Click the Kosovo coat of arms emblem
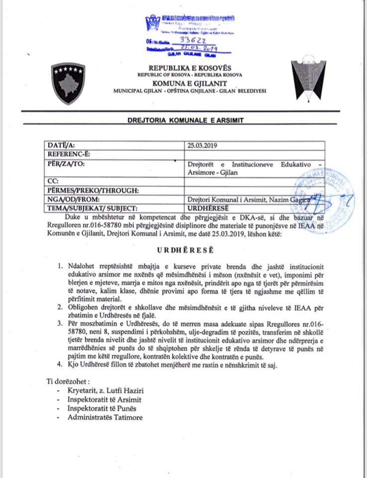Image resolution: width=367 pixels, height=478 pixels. (x=67, y=83)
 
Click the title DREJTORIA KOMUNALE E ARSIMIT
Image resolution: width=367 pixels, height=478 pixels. (x=183, y=121)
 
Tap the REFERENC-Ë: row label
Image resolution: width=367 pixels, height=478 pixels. (x=69, y=154)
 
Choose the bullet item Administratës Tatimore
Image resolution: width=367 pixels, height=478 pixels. (x=105, y=417)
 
